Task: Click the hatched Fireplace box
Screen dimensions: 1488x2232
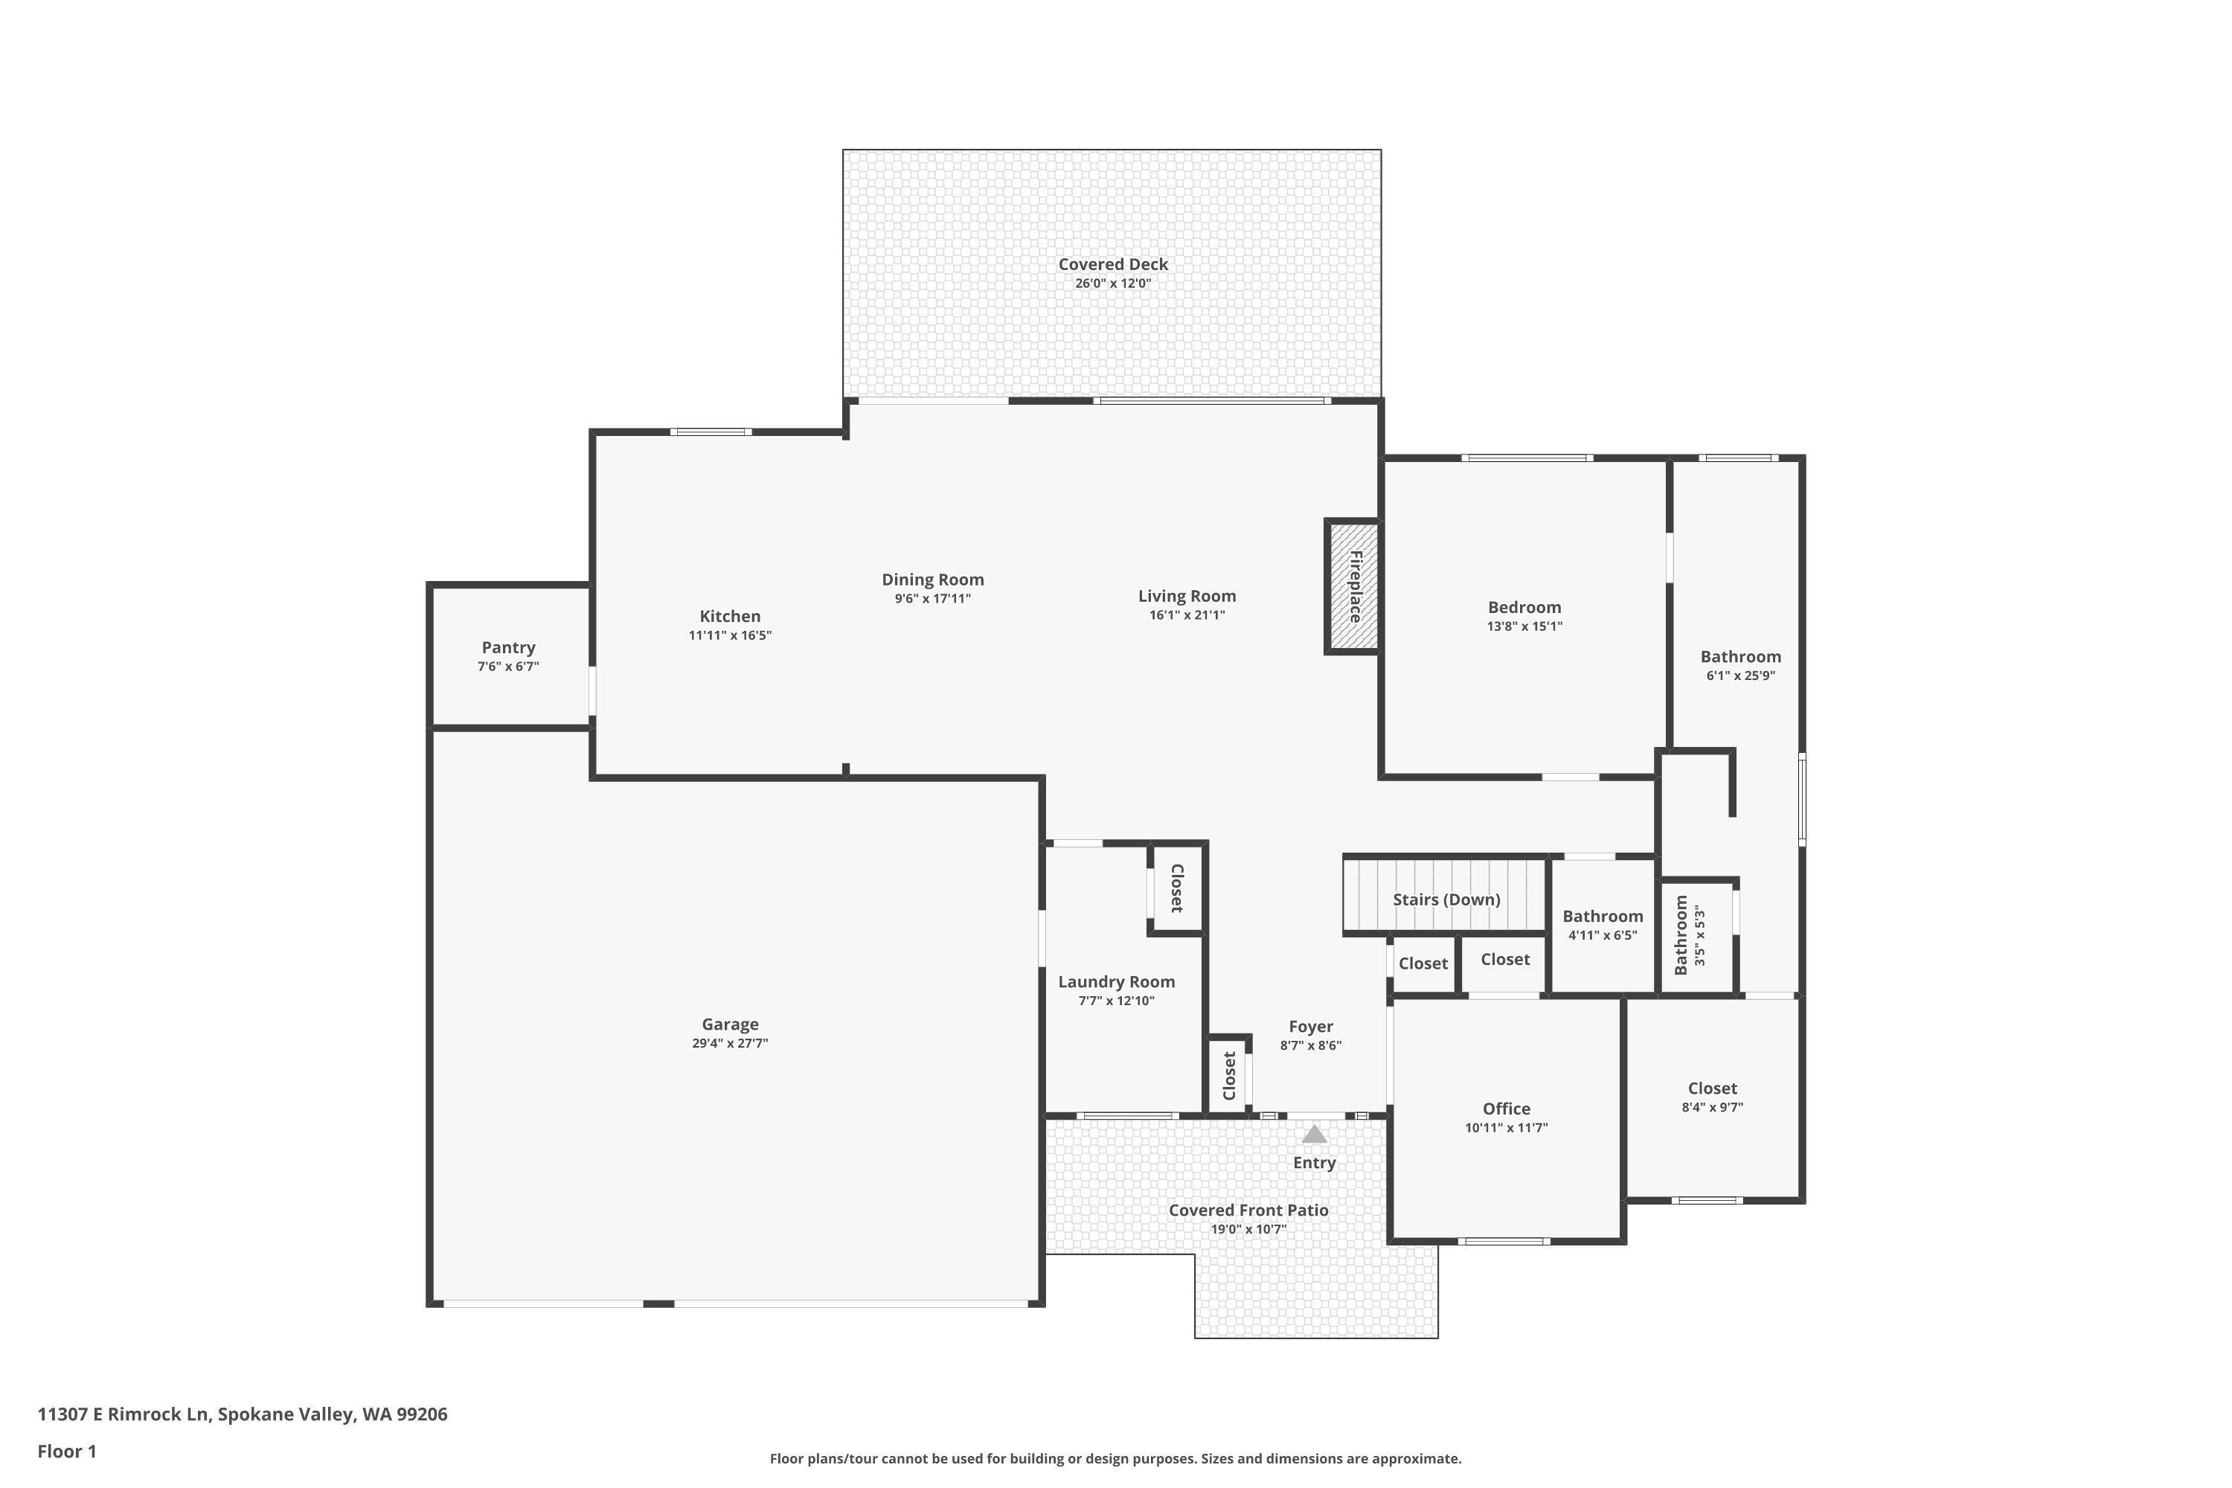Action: [x=1353, y=586]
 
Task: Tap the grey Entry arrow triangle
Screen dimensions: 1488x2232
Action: [x=1313, y=1134]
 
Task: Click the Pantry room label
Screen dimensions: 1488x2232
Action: [x=509, y=647]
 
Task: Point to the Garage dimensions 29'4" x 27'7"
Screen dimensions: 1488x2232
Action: [x=730, y=1043]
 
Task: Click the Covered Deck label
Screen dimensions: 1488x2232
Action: [x=1113, y=265]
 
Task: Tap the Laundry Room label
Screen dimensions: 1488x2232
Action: [x=1116, y=981]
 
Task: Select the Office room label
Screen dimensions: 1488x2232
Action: [x=1506, y=1109]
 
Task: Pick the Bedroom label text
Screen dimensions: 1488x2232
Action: [x=1524, y=607]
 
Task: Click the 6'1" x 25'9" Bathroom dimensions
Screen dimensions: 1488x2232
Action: [x=1740, y=676]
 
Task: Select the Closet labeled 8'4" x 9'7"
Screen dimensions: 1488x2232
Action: [x=1712, y=1097]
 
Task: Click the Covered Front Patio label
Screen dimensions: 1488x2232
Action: [x=1248, y=1210]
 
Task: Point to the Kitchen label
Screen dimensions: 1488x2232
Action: [x=730, y=616]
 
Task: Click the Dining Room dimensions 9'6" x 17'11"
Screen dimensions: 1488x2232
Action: [x=933, y=599]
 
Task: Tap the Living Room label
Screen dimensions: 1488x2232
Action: [x=1187, y=596]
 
